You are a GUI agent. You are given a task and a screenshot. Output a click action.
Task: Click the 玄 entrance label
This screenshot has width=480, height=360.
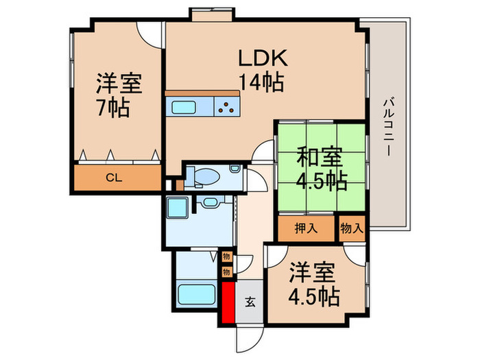[x=250, y=301]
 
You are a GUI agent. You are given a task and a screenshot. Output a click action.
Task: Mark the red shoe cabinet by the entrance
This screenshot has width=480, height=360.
[x=227, y=303]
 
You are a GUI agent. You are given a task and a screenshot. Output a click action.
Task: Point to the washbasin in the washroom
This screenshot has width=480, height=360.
[x=209, y=202]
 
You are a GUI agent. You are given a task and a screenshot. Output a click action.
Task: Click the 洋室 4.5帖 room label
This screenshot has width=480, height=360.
[x=313, y=283]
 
